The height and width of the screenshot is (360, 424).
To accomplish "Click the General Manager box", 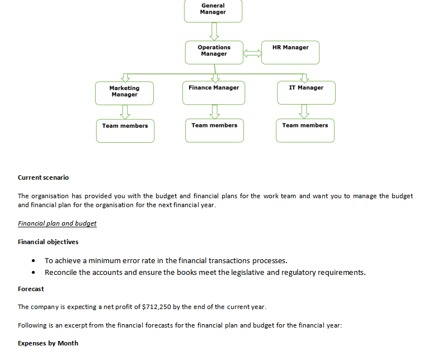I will pos(213,10).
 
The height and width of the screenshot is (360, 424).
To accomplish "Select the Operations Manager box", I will pos(214,52).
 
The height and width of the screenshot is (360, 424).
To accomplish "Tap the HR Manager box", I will pos(290,52).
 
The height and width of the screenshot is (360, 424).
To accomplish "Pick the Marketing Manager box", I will pos(124,92).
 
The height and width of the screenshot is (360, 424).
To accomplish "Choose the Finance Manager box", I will pos(214,92).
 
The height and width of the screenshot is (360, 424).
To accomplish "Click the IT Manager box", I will pos(306,92).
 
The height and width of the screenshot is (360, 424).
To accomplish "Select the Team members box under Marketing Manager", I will pos(125,130).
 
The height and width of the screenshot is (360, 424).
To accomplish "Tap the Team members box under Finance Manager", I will pos(214,130).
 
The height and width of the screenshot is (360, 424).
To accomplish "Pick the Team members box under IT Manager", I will pos(305,130).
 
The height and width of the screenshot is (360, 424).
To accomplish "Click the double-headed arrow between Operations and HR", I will pos(252,53).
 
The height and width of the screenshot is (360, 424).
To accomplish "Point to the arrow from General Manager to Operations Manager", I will pos(214,31).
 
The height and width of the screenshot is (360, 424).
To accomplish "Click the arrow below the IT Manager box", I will pos(304,111).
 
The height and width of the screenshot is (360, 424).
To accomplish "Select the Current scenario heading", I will pos(43,177).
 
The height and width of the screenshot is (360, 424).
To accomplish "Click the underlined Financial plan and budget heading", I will pos(57,223).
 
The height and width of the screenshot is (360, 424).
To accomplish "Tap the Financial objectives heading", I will pos(48,242).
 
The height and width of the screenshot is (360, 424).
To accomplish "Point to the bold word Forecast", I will pos(31,289).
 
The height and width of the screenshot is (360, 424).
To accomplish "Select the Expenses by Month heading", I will pos(48,343).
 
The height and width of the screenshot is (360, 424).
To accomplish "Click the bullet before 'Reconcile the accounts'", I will pos(35,273).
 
